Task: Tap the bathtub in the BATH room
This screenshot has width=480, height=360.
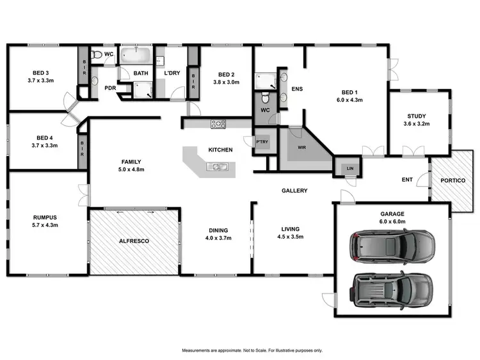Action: (136, 56)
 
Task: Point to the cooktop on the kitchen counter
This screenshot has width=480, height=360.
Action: (218, 124)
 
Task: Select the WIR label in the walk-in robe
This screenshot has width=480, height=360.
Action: (302, 147)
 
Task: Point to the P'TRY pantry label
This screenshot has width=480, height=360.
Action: (261, 142)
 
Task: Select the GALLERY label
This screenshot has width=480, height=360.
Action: (295, 191)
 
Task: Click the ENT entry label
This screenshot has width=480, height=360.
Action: (406, 180)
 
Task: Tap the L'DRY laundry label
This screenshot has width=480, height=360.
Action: (171, 74)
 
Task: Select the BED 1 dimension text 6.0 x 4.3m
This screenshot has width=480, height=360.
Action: (349, 100)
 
